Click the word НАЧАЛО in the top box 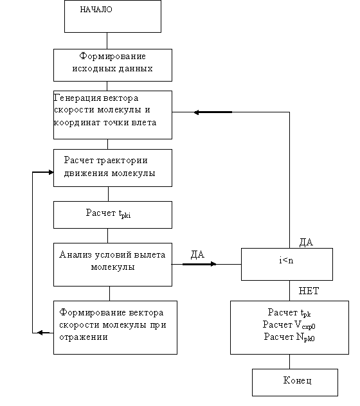click(x=96, y=10)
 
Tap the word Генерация click(x=77, y=98)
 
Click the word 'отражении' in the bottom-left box click(x=83, y=337)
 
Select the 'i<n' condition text click(x=286, y=260)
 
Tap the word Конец click(x=297, y=380)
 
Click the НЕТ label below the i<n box click(x=309, y=291)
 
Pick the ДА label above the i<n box click(x=306, y=242)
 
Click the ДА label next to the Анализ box click(x=197, y=254)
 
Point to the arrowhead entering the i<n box click(x=213, y=264)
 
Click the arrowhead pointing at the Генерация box click(x=197, y=112)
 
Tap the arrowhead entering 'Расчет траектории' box click(x=51, y=172)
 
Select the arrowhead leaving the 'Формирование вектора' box click(x=40, y=333)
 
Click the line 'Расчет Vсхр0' click(x=289, y=324)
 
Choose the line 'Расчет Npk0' click(x=289, y=337)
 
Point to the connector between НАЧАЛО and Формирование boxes click(x=107, y=40)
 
